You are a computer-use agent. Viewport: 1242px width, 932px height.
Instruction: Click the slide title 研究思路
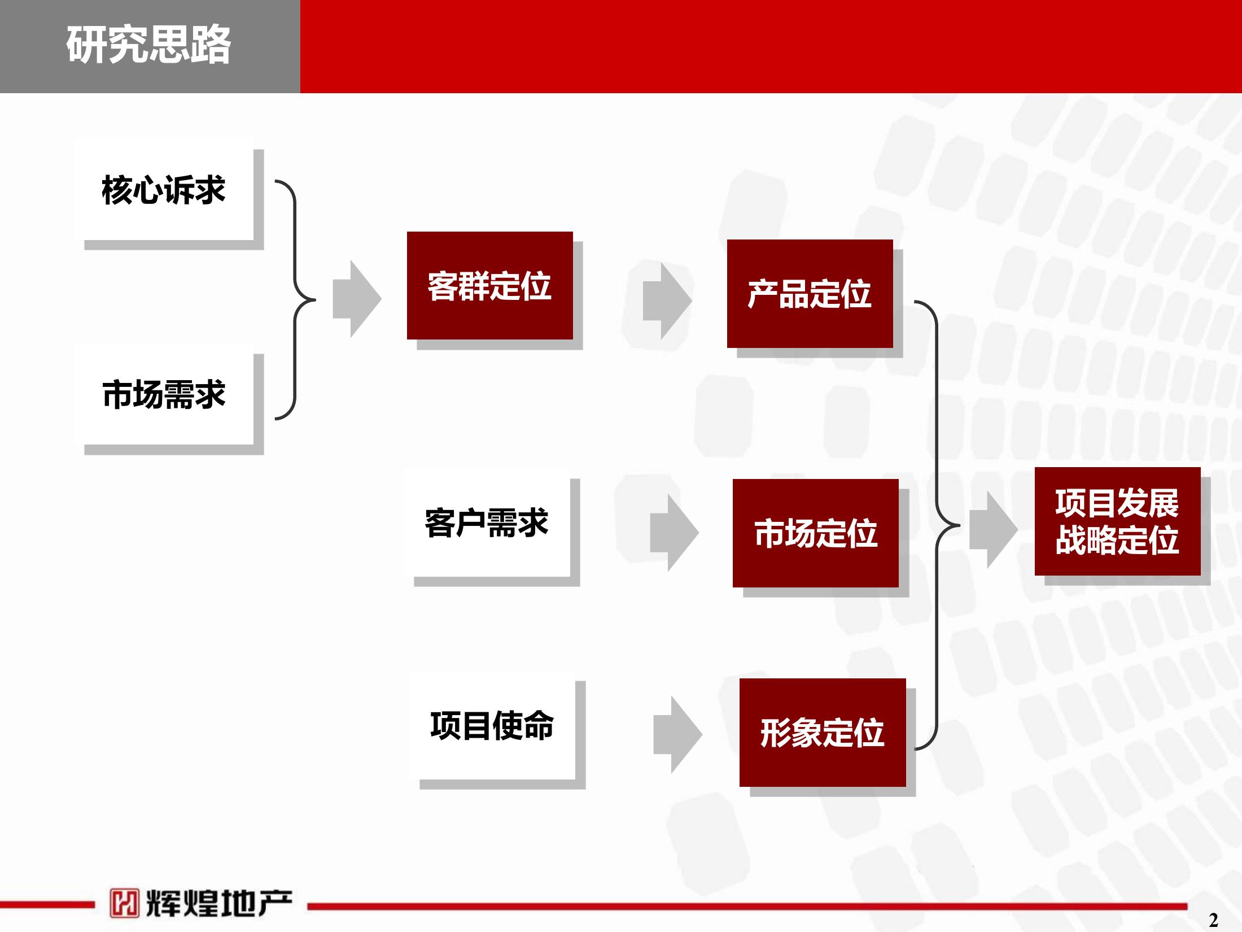pos(148,45)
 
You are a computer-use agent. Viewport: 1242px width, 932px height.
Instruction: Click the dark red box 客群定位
pos(490,285)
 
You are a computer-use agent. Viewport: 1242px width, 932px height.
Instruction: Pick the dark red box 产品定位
pos(810,294)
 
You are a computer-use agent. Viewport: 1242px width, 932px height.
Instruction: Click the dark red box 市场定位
pos(816,533)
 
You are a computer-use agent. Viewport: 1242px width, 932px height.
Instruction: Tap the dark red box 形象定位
pos(823,733)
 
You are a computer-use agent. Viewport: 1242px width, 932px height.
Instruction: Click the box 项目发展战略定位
pos(1118,521)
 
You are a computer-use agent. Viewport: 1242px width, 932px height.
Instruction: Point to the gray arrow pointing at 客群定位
pos(357,299)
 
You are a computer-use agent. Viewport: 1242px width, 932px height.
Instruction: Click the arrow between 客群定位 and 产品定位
pos(667,300)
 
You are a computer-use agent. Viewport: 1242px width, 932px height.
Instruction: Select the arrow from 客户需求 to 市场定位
pos(675,533)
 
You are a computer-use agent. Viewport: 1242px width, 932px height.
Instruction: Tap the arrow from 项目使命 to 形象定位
pos(678,734)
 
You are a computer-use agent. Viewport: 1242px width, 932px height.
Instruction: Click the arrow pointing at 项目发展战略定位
pos(994,529)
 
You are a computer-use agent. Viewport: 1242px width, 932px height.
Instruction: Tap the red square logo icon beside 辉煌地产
pos(124,903)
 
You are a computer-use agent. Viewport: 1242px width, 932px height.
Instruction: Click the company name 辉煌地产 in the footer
pos(219,903)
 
